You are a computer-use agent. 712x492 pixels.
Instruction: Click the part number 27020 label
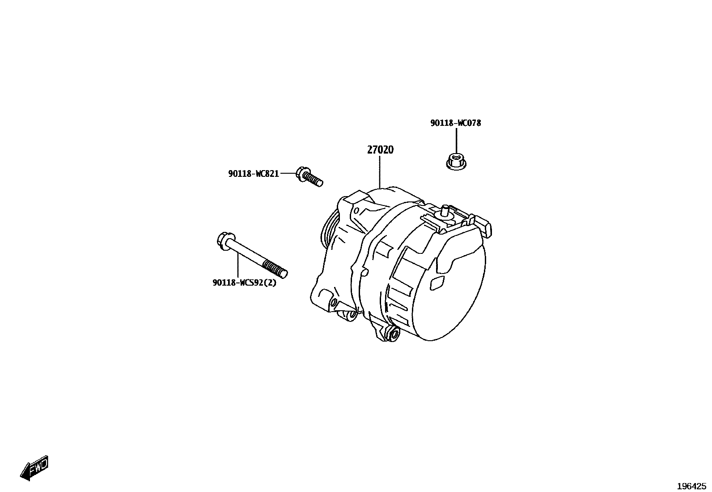pyautogui.click(x=380, y=150)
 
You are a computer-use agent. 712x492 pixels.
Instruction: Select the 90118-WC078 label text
pyautogui.click(x=455, y=123)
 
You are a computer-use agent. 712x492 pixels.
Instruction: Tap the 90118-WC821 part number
pyautogui.click(x=253, y=174)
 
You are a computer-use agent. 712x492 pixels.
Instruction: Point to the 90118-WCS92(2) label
pyautogui.click(x=244, y=282)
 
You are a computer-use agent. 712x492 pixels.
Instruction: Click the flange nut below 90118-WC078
pyautogui.click(x=456, y=161)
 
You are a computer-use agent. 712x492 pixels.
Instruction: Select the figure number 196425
pyautogui.click(x=691, y=486)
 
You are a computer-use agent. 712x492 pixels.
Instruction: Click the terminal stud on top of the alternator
pyautogui.click(x=445, y=210)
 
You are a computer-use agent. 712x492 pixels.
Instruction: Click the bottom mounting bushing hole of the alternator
pyautogui.click(x=394, y=333)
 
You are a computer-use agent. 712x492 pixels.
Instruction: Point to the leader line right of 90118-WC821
pyautogui.click(x=288, y=173)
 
